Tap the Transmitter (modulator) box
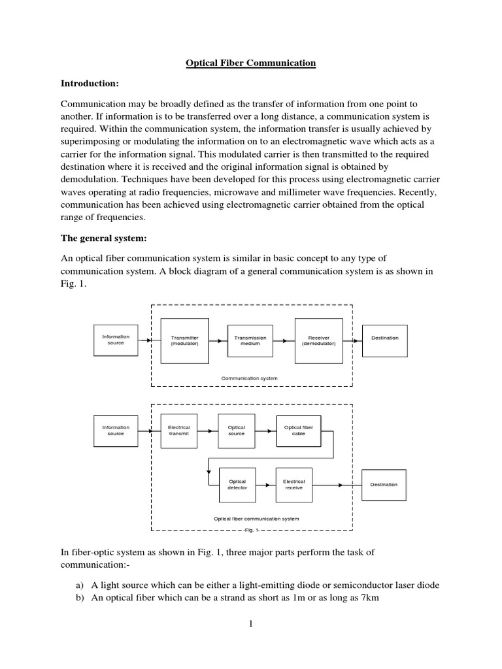pyautogui.click(x=184, y=340)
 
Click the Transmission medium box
pyautogui.click(x=250, y=340)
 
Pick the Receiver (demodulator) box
pyautogui.click(x=318, y=340)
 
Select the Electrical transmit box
pyautogui.click(x=178, y=431)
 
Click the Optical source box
pyautogui.click(x=236, y=431)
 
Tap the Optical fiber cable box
pyautogui.click(x=299, y=431)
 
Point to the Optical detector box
pyautogui.click(x=236, y=484)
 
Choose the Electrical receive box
pyautogui.click(x=293, y=484)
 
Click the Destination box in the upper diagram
pyautogui.click(x=384, y=338)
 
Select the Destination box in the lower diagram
pyautogui.click(x=384, y=485)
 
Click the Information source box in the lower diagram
pyautogui.click(x=116, y=431)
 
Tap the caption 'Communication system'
pyautogui.click(x=250, y=378)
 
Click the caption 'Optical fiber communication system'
pyautogui.click(x=257, y=519)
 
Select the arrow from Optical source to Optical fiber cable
pyautogui.click(x=265, y=431)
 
